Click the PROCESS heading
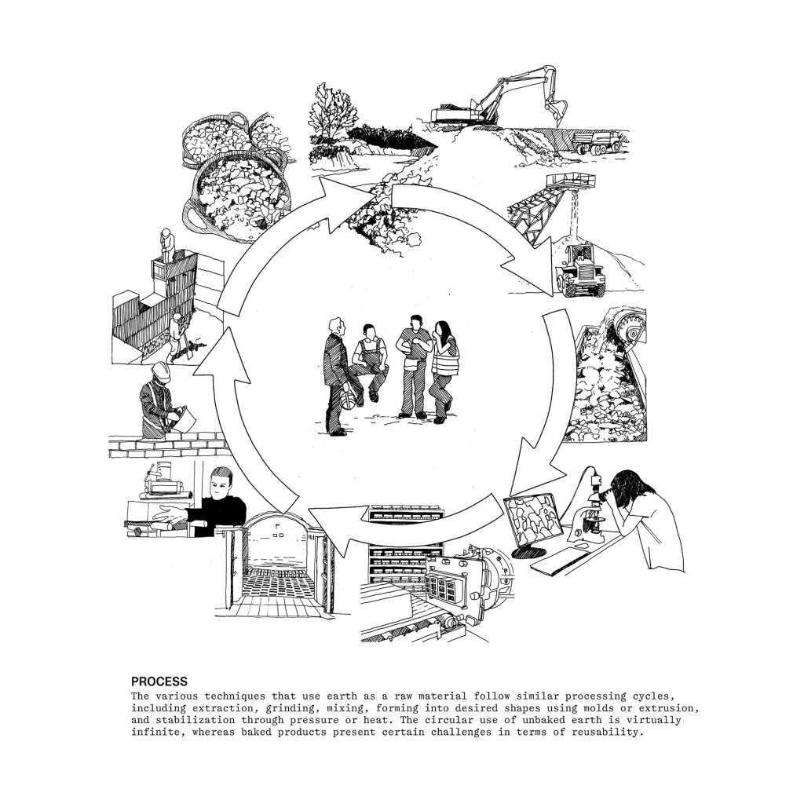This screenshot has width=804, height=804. (159, 682)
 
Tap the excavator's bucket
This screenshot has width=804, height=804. (557, 109)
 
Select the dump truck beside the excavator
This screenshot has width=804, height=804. (598, 141)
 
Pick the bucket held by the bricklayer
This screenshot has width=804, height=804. (185, 419)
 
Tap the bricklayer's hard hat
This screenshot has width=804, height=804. (160, 371)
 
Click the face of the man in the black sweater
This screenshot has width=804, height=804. (223, 484)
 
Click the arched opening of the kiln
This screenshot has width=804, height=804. (278, 557)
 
